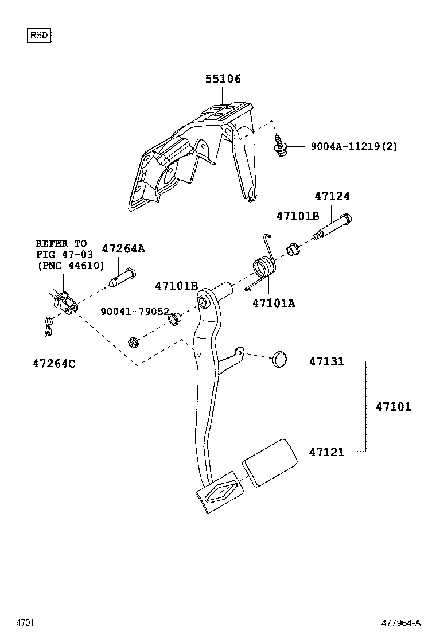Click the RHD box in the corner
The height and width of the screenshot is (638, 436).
[40, 36]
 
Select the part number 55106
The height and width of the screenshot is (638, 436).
[223, 79]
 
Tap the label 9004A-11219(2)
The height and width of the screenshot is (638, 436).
[354, 146]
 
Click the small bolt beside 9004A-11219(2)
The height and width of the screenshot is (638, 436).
[281, 149]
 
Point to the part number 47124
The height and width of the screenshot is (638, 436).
[332, 196]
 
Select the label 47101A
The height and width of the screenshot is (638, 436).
[274, 303]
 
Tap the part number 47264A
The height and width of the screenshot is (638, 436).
[123, 248]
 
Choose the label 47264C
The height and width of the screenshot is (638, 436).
[54, 363]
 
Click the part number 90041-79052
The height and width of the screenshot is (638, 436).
[135, 311]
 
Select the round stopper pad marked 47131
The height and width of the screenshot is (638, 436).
[279, 360]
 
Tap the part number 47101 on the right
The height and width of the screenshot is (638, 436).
[394, 407]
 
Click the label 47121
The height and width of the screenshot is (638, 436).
[326, 452]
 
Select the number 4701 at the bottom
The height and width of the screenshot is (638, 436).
[26, 623]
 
